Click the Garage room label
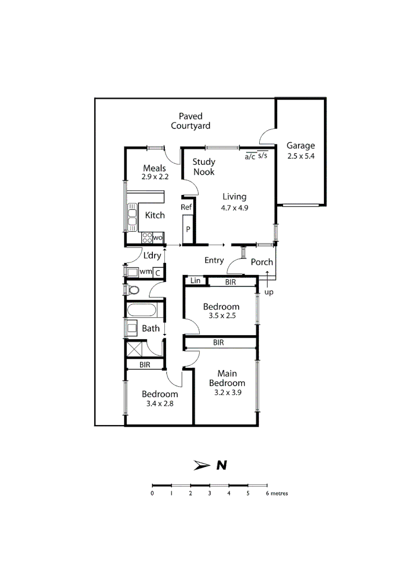coord(300,146)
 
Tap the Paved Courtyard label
coord(190,121)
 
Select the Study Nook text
coord(203,167)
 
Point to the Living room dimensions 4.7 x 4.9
coord(234,208)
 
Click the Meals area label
coord(154,169)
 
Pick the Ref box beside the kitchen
coord(186,207)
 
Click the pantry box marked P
coord(188,230)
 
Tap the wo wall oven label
coord(158,238)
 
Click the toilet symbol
coord(133,290)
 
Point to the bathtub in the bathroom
coord(142,310)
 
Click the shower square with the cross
coord(134,349)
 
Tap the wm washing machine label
coord(145,272)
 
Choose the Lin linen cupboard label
coord(195,281)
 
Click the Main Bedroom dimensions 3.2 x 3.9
coord(227,393)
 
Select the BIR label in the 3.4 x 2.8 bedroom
coord(145,364)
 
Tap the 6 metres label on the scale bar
coord(276,494)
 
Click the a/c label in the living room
coord(250,156)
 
